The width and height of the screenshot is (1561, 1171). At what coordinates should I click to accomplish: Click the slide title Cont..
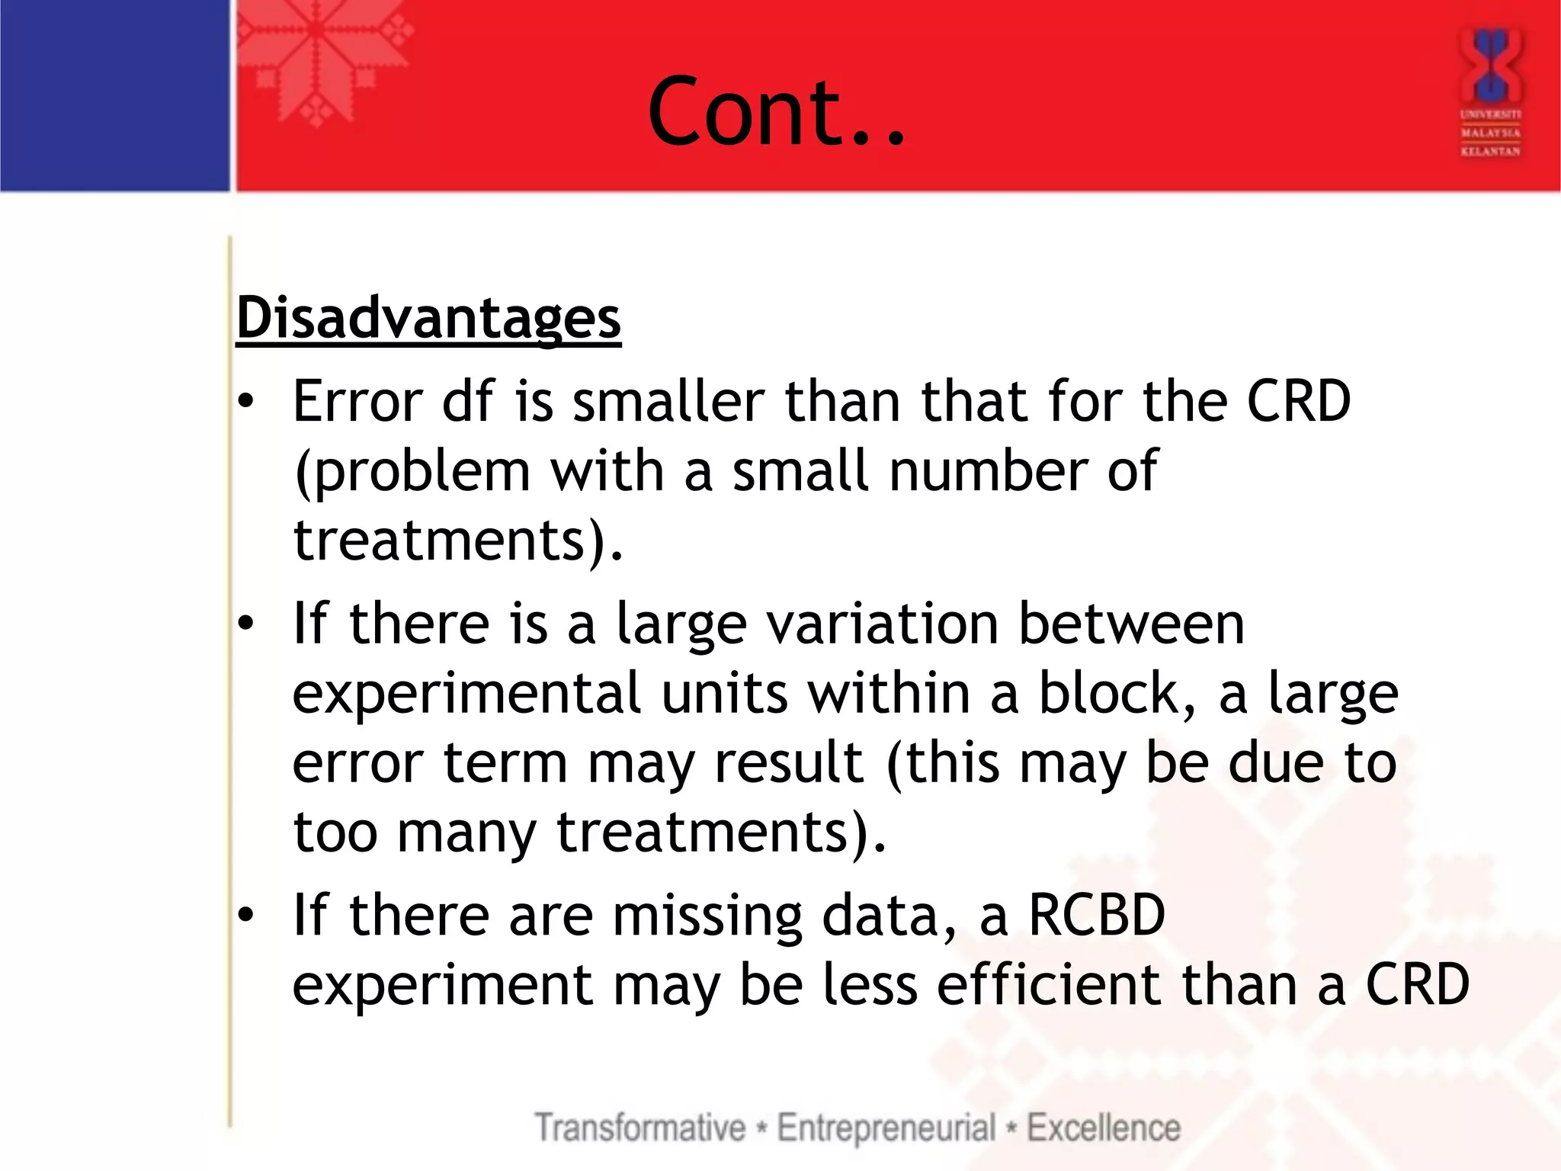[776, 112]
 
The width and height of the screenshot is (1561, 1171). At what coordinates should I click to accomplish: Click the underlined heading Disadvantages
[428, 317]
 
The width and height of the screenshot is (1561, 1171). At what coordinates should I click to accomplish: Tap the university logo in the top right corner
[1490, 91]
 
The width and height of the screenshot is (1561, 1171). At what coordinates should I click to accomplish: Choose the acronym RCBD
[1097, 915]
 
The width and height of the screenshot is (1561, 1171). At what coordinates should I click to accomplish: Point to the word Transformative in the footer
[639, 1128]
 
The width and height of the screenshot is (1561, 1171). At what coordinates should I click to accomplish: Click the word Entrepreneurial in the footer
[886, 1128]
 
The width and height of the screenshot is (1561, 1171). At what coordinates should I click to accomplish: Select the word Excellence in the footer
[1103, 1128]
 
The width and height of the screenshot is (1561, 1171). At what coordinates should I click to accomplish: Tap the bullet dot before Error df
[245, 402]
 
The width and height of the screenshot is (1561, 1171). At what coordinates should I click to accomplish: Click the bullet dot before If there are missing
[245, 915]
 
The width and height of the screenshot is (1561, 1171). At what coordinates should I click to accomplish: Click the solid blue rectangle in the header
[114, 95]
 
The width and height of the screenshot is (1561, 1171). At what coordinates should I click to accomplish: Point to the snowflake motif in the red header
[316, 57]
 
